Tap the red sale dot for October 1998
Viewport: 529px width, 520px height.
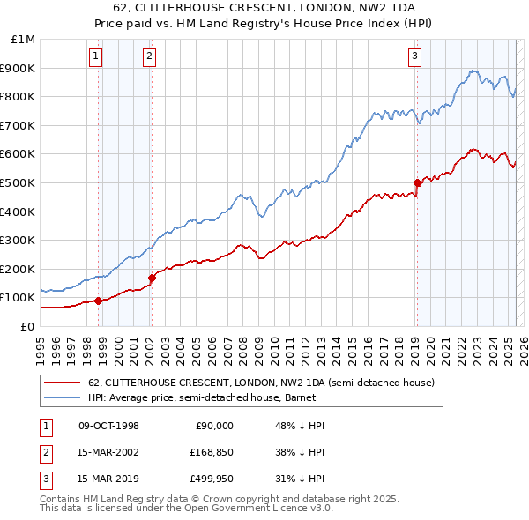pyautogui.click(x=98, y=301)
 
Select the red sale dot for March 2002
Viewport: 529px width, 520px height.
pyautogui.click(x=152, y=278)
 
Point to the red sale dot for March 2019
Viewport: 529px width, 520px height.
pyautogui.click(x=417, y=182)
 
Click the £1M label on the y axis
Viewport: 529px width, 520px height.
pyautogui.click(x=24, y=40)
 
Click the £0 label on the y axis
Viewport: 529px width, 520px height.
pyautogui.click(x=27, y=326)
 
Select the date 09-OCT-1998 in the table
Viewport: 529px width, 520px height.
pyautogui.click(x=108, y=426)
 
